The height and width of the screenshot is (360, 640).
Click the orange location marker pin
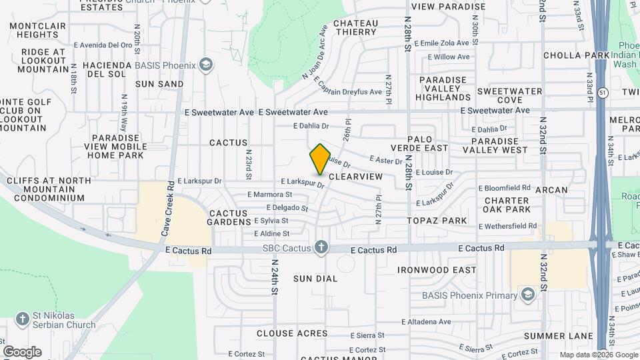320,159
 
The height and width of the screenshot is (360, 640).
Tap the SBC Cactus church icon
321,248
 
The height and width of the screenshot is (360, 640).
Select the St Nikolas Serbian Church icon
22,319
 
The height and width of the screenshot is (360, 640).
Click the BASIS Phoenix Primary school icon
528,295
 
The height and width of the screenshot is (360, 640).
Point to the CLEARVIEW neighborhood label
356,177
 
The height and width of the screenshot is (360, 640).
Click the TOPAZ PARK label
438,220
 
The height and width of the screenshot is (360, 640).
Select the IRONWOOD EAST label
437,270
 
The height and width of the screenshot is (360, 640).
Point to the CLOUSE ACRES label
292,333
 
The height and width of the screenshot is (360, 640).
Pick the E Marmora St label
269,195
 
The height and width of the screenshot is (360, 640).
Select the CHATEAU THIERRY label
355,27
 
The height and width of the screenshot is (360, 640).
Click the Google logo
22,351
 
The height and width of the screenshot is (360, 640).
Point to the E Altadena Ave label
422,321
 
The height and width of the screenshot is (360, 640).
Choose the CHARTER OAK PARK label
507,205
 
